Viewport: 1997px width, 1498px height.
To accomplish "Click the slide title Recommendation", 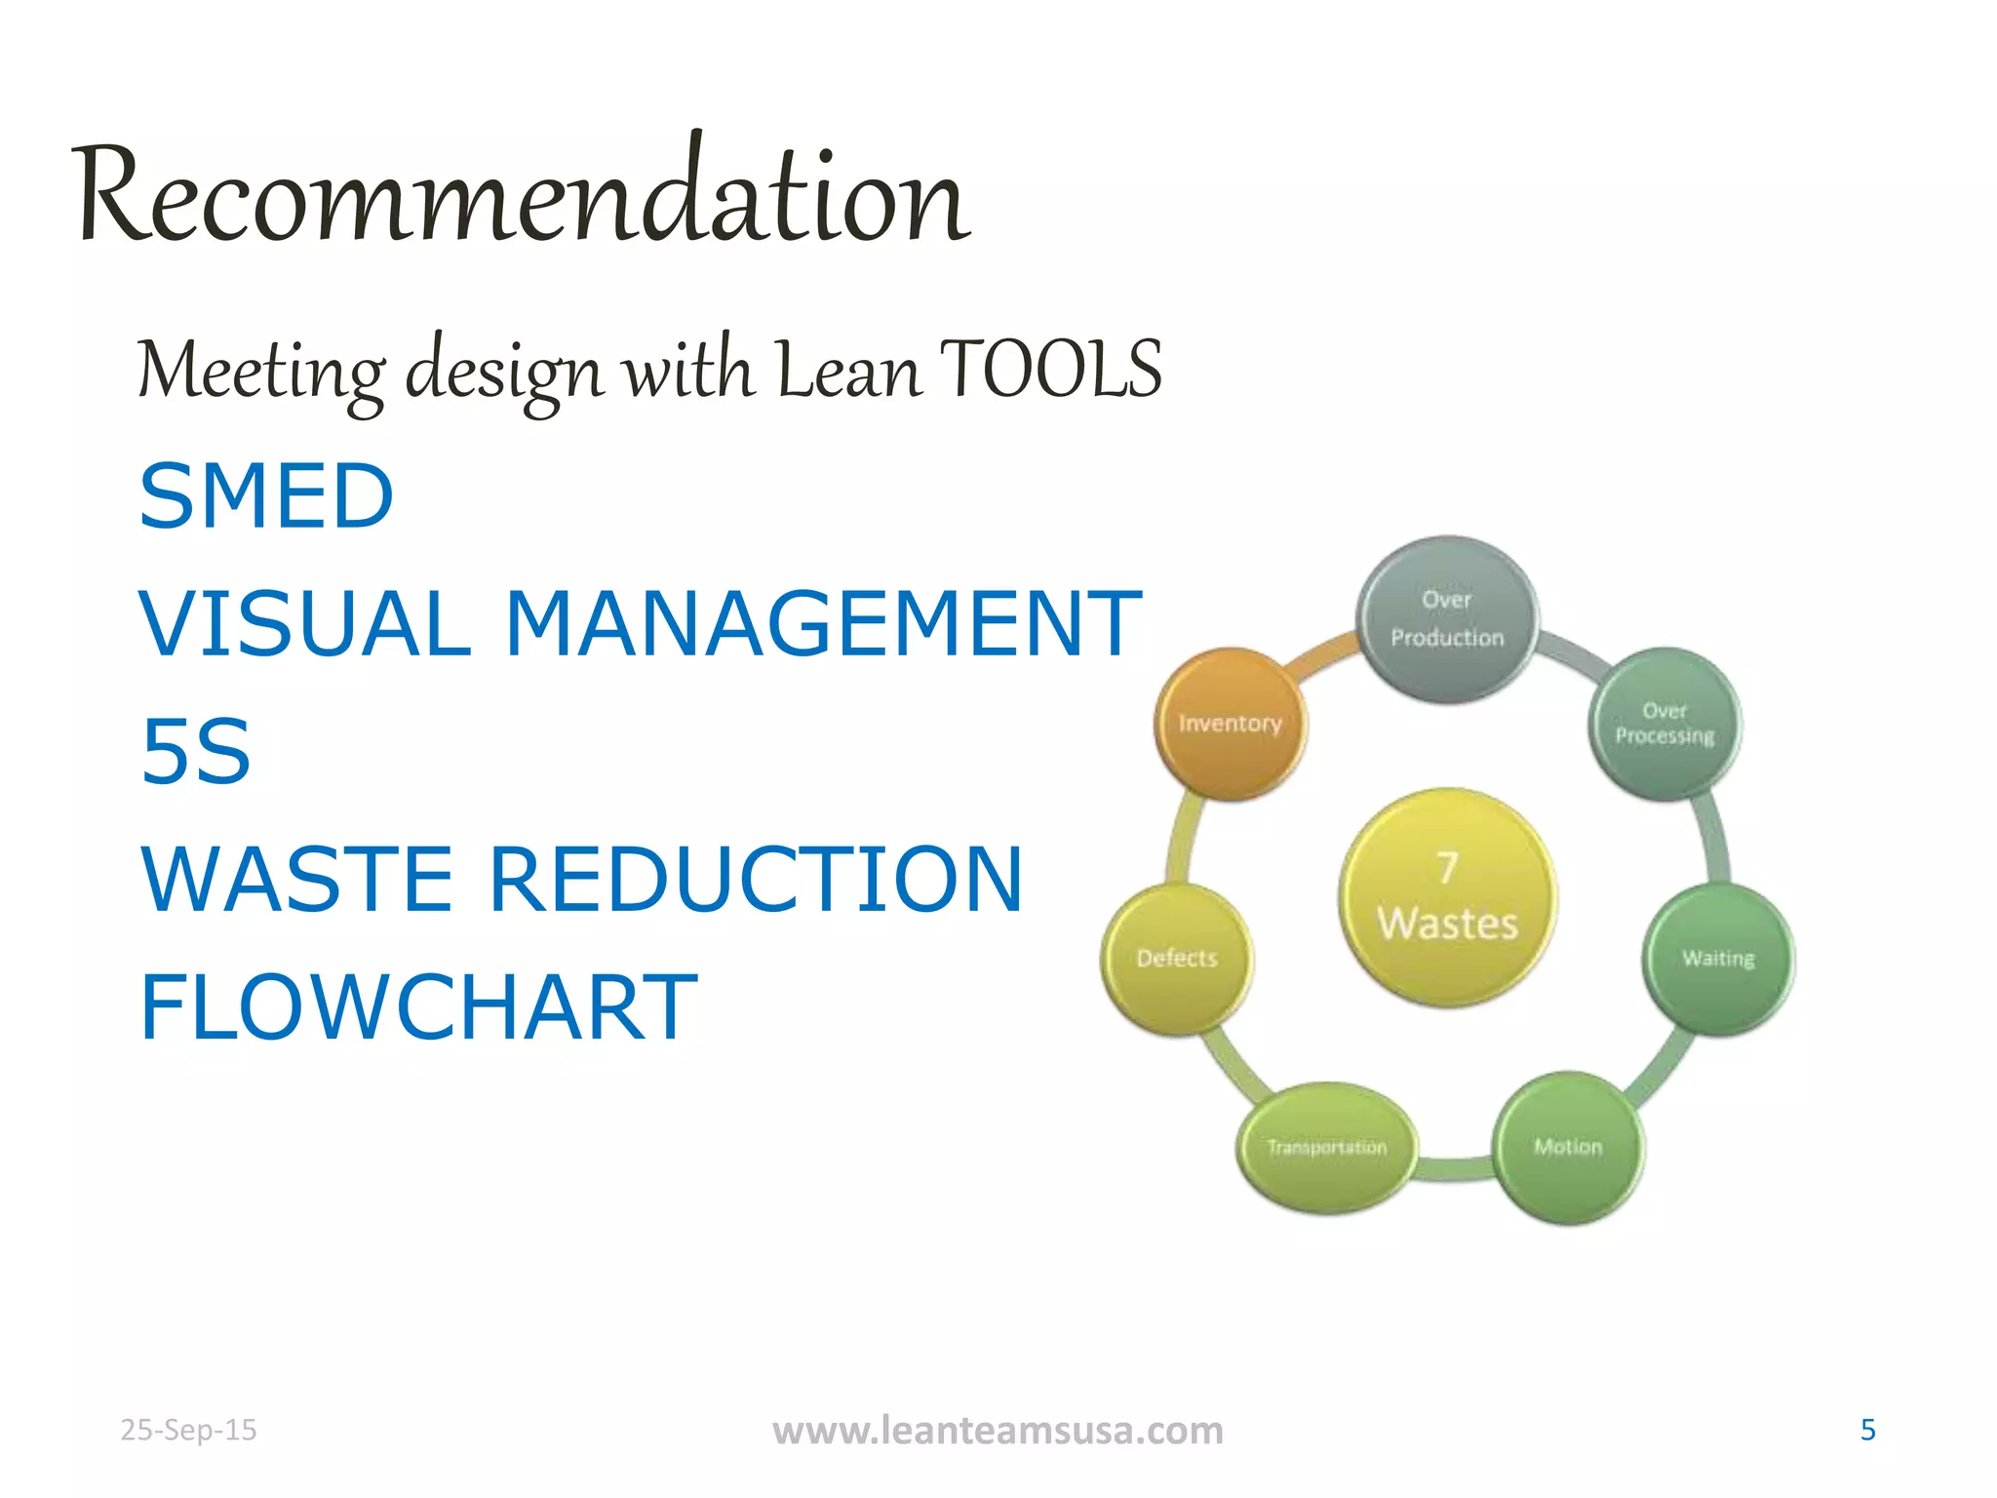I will tap(522, 195).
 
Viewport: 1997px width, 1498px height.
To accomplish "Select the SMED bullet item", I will tap(266, 496).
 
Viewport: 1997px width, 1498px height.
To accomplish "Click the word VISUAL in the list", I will tap(305, 624).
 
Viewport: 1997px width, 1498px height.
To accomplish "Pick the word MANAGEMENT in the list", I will tap(823, 624).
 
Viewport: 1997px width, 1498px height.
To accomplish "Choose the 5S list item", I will tap(196, 751).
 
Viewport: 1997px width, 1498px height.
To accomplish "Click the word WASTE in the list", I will tap(297, 879).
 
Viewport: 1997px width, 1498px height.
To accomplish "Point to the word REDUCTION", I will tap(756, 879).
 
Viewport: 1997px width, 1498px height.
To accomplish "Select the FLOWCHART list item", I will tap(418, 1006).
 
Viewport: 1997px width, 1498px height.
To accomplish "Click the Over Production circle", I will tap(1447, 619).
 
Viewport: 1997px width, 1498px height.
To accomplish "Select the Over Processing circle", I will tap(1664, 724).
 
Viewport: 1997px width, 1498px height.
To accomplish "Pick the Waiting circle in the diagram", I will tap(1718, 959).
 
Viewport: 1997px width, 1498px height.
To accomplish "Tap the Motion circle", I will tap(1568, 1147).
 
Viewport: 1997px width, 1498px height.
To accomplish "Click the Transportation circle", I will tap(1326, 1148).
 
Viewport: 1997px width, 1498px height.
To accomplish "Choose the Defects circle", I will tap(1177, 959).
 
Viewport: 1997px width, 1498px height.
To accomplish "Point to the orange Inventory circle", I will tap(1231, 724).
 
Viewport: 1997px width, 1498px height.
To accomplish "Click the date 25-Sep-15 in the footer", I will tap(188, 1430).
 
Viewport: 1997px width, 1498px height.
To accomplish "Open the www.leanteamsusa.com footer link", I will tap(998, 1431).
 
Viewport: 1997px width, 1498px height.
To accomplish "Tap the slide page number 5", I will tap(1867, 1430).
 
